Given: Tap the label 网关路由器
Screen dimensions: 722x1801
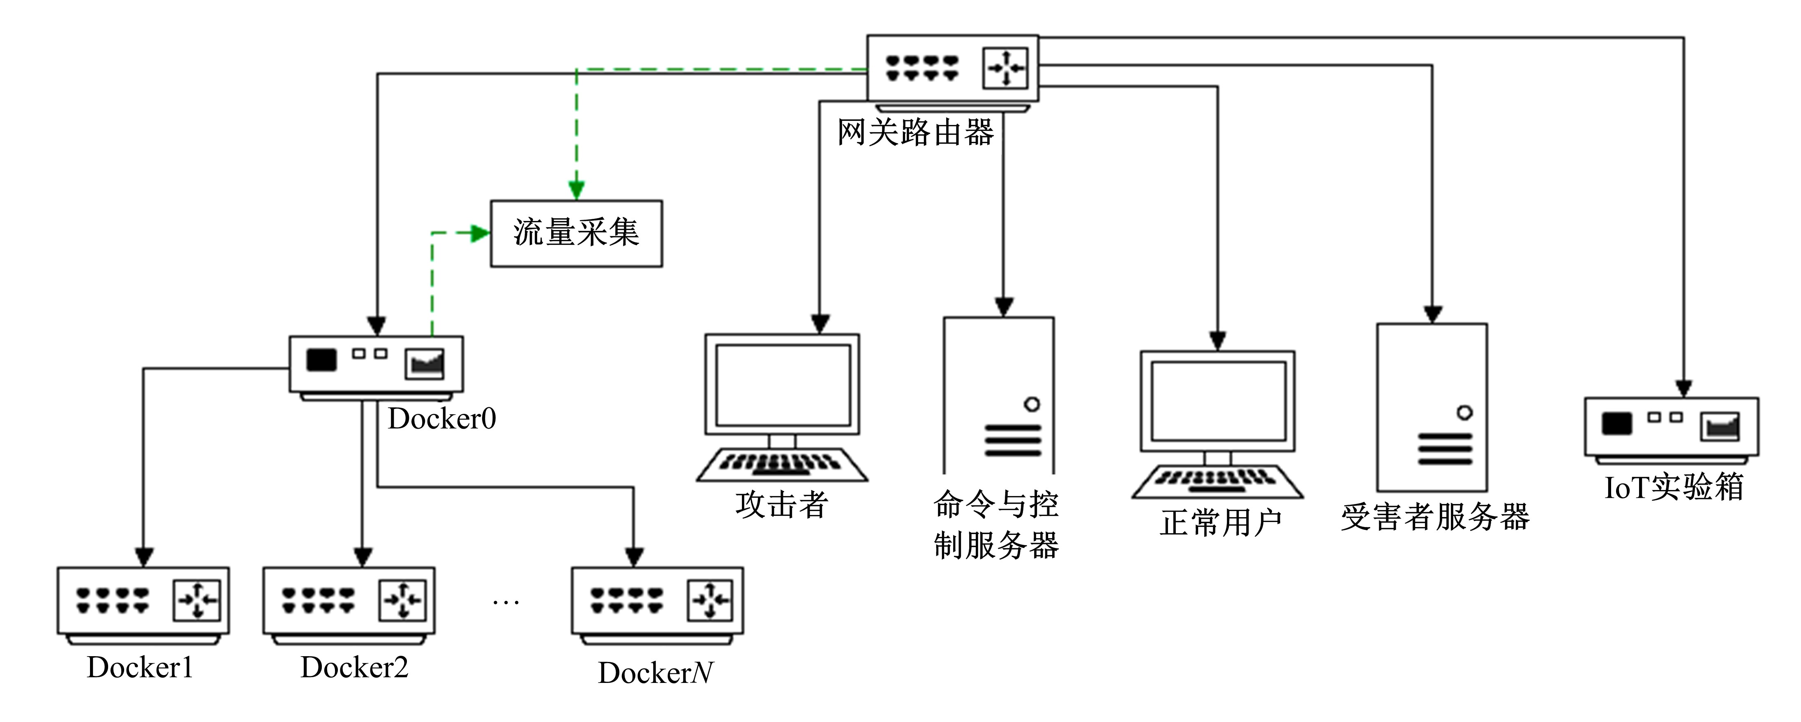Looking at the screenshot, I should point(915,132).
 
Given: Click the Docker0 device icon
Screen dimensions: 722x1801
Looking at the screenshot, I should point(376,365).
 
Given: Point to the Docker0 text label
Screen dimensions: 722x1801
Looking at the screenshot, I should point(442,418).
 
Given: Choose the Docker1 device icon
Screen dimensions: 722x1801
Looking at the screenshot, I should point(143,601).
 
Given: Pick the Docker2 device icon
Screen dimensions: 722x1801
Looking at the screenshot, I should point(349,601).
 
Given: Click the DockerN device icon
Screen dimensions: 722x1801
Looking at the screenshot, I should point(657,601).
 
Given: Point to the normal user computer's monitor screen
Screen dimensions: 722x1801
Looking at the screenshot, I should point(1218,401).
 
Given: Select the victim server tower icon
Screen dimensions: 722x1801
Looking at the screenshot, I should point(1432,407).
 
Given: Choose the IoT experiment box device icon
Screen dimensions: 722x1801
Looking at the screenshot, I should point(1671,427).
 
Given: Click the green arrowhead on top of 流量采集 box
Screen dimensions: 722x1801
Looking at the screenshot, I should point(576,190).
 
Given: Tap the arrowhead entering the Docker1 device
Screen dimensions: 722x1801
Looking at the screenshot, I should point(143,557).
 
